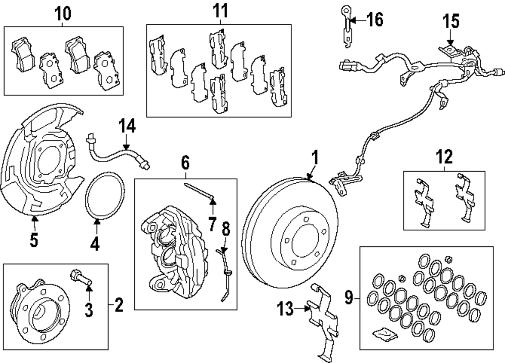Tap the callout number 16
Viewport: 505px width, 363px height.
point(374,20)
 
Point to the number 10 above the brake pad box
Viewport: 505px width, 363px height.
point(64,14)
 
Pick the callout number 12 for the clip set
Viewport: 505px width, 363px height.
point(445,158)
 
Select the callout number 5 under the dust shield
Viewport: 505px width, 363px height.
point(34,240)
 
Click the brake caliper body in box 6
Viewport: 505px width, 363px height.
point(174,252)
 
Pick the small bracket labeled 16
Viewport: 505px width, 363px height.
point(346,30)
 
